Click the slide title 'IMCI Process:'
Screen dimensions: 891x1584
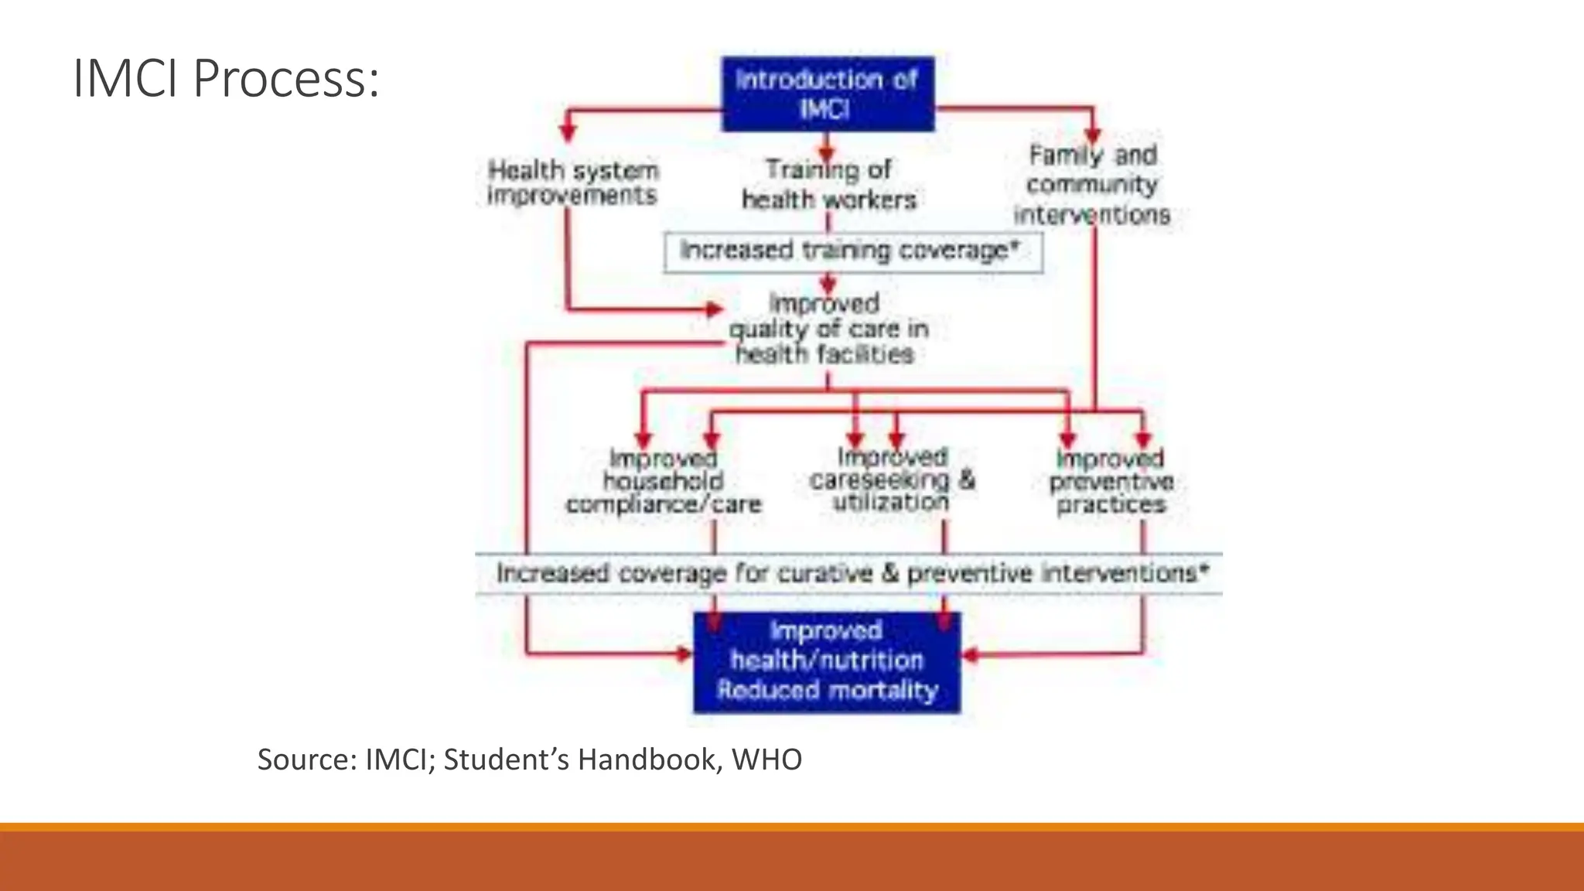[x=226, y=79]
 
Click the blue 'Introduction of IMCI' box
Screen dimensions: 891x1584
[x=828, y=94]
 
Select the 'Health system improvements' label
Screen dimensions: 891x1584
[x=572, y=183]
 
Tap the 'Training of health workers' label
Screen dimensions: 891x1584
[x=828, y=184]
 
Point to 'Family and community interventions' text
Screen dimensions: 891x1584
[x=1092, y=185]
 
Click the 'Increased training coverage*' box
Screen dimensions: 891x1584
[x=852, y=251]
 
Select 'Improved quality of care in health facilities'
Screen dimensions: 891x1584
[x=828, y=329]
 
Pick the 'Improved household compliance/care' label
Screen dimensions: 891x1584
[x=664, y=482]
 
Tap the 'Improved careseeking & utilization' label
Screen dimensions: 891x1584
[x=892, y=480]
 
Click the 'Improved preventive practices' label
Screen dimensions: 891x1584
[x=1111, y=482]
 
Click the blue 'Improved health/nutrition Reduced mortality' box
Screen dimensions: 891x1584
[x=827, y=662]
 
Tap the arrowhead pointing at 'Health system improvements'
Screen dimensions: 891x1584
[x=568, y=131]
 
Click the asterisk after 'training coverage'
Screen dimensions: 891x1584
[x=1015, y=246]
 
